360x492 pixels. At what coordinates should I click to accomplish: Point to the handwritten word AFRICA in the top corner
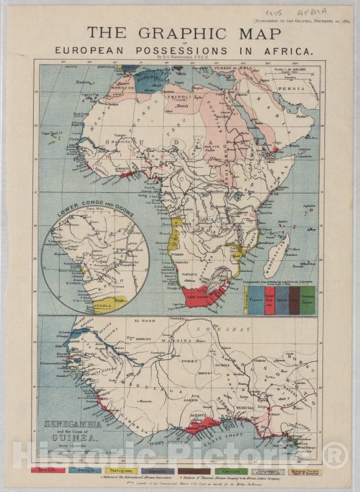(x=328, y=12)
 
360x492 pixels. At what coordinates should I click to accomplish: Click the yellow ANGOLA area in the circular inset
(x=111, y=303)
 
